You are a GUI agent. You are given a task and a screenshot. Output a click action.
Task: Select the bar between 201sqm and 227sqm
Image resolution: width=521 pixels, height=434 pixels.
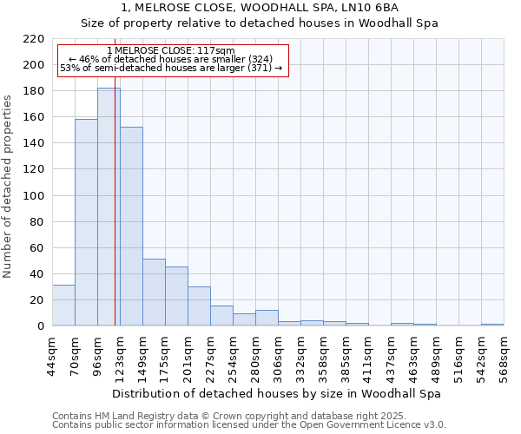199,306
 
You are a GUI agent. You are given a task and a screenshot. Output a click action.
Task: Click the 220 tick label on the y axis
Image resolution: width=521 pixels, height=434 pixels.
34,39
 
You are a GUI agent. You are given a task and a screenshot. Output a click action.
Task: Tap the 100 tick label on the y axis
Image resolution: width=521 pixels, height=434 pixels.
34,196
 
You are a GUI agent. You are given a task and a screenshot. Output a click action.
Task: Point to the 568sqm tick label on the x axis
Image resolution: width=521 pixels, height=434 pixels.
504,355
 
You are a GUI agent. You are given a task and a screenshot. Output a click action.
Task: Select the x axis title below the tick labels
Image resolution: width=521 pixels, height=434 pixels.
278,393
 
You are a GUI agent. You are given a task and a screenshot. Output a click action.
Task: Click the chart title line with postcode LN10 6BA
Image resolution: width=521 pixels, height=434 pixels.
260,8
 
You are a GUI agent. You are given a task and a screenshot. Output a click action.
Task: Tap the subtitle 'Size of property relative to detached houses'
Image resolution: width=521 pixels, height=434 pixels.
260,23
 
